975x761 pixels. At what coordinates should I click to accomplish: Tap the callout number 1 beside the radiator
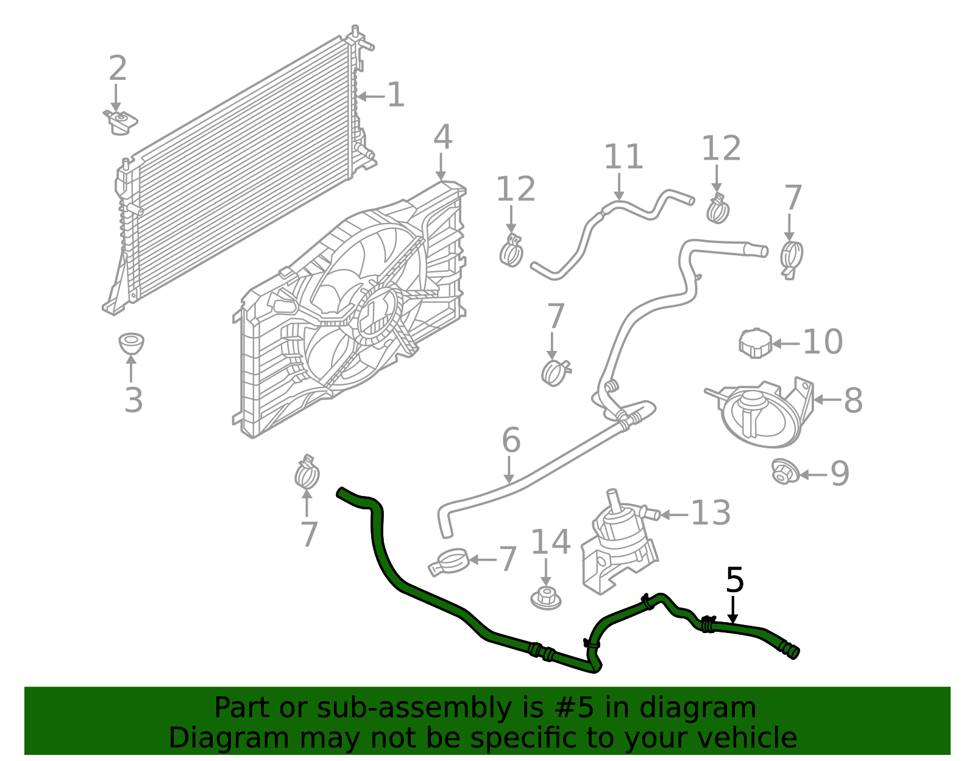(x=396, y=96)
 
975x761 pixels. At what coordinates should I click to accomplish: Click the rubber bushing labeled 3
(x=131, y=344)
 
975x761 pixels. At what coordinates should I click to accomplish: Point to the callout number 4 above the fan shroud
(x=443, y=138)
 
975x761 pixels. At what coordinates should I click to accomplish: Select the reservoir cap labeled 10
(x=755, y=343)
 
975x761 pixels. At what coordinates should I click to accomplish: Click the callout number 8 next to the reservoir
(x=853, y=400)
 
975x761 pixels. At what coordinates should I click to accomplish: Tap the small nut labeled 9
(x=783, y=472)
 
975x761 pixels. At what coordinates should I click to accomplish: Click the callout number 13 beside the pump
(x=711, y=513)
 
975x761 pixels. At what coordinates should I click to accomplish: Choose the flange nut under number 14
(x=545, y=599)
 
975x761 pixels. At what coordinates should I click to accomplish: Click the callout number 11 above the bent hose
(x=623, y=157)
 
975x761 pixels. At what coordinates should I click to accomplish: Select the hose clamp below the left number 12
(x=511, y=250)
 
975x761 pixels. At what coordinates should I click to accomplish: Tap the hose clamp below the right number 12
(x=718, y=208)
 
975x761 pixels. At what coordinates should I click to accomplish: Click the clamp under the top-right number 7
(x=790, y=258)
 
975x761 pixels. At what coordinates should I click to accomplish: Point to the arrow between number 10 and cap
(x=786, y=344)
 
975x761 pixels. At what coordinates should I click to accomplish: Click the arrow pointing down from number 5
(x=733, y=610)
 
